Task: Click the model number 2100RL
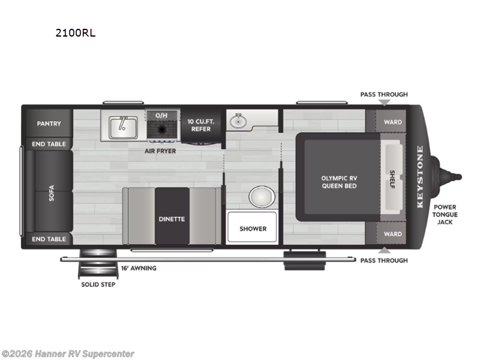coord(75,33)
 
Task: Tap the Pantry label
coord(49,124)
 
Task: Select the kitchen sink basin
coord(122,126)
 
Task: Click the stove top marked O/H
coord(161,127)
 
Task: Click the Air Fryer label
coord(161,151)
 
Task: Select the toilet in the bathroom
coord(262,196)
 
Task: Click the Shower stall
coord(253,229)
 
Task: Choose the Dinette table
coord(172,218)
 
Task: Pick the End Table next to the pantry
coord(49,144)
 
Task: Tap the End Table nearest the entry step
coord(49,239)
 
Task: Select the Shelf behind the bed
coord(392,178)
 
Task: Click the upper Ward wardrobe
coord(392,122)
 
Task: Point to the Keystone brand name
coord(420,177)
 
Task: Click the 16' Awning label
coord(139,268)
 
